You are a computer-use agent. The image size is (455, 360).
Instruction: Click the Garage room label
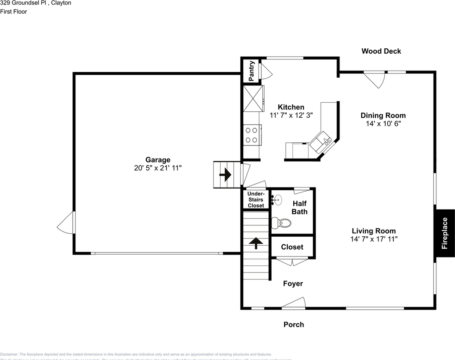[158, 160]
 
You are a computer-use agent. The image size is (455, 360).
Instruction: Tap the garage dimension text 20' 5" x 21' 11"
[158, 168]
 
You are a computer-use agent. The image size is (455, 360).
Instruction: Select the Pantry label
[251, 71]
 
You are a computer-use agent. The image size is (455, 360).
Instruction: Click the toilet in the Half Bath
[281, 223]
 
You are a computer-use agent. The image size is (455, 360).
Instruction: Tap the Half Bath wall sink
[276, 199]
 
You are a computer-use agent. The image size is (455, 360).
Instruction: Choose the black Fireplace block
[444, 233]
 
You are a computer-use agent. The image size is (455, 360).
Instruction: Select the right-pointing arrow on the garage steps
[225, 175]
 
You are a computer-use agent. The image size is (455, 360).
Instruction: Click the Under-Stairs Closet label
[256, 199]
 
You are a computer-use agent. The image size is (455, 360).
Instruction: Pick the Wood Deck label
[381, 51]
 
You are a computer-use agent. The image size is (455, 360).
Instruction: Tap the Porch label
[294, 325]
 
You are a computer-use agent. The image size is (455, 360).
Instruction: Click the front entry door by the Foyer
[294, 303]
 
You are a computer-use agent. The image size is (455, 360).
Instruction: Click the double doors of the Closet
[292, 261]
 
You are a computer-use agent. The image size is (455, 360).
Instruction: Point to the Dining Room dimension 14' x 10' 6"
[383, 124]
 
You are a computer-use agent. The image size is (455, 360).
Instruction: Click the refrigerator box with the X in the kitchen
[253, 99]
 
